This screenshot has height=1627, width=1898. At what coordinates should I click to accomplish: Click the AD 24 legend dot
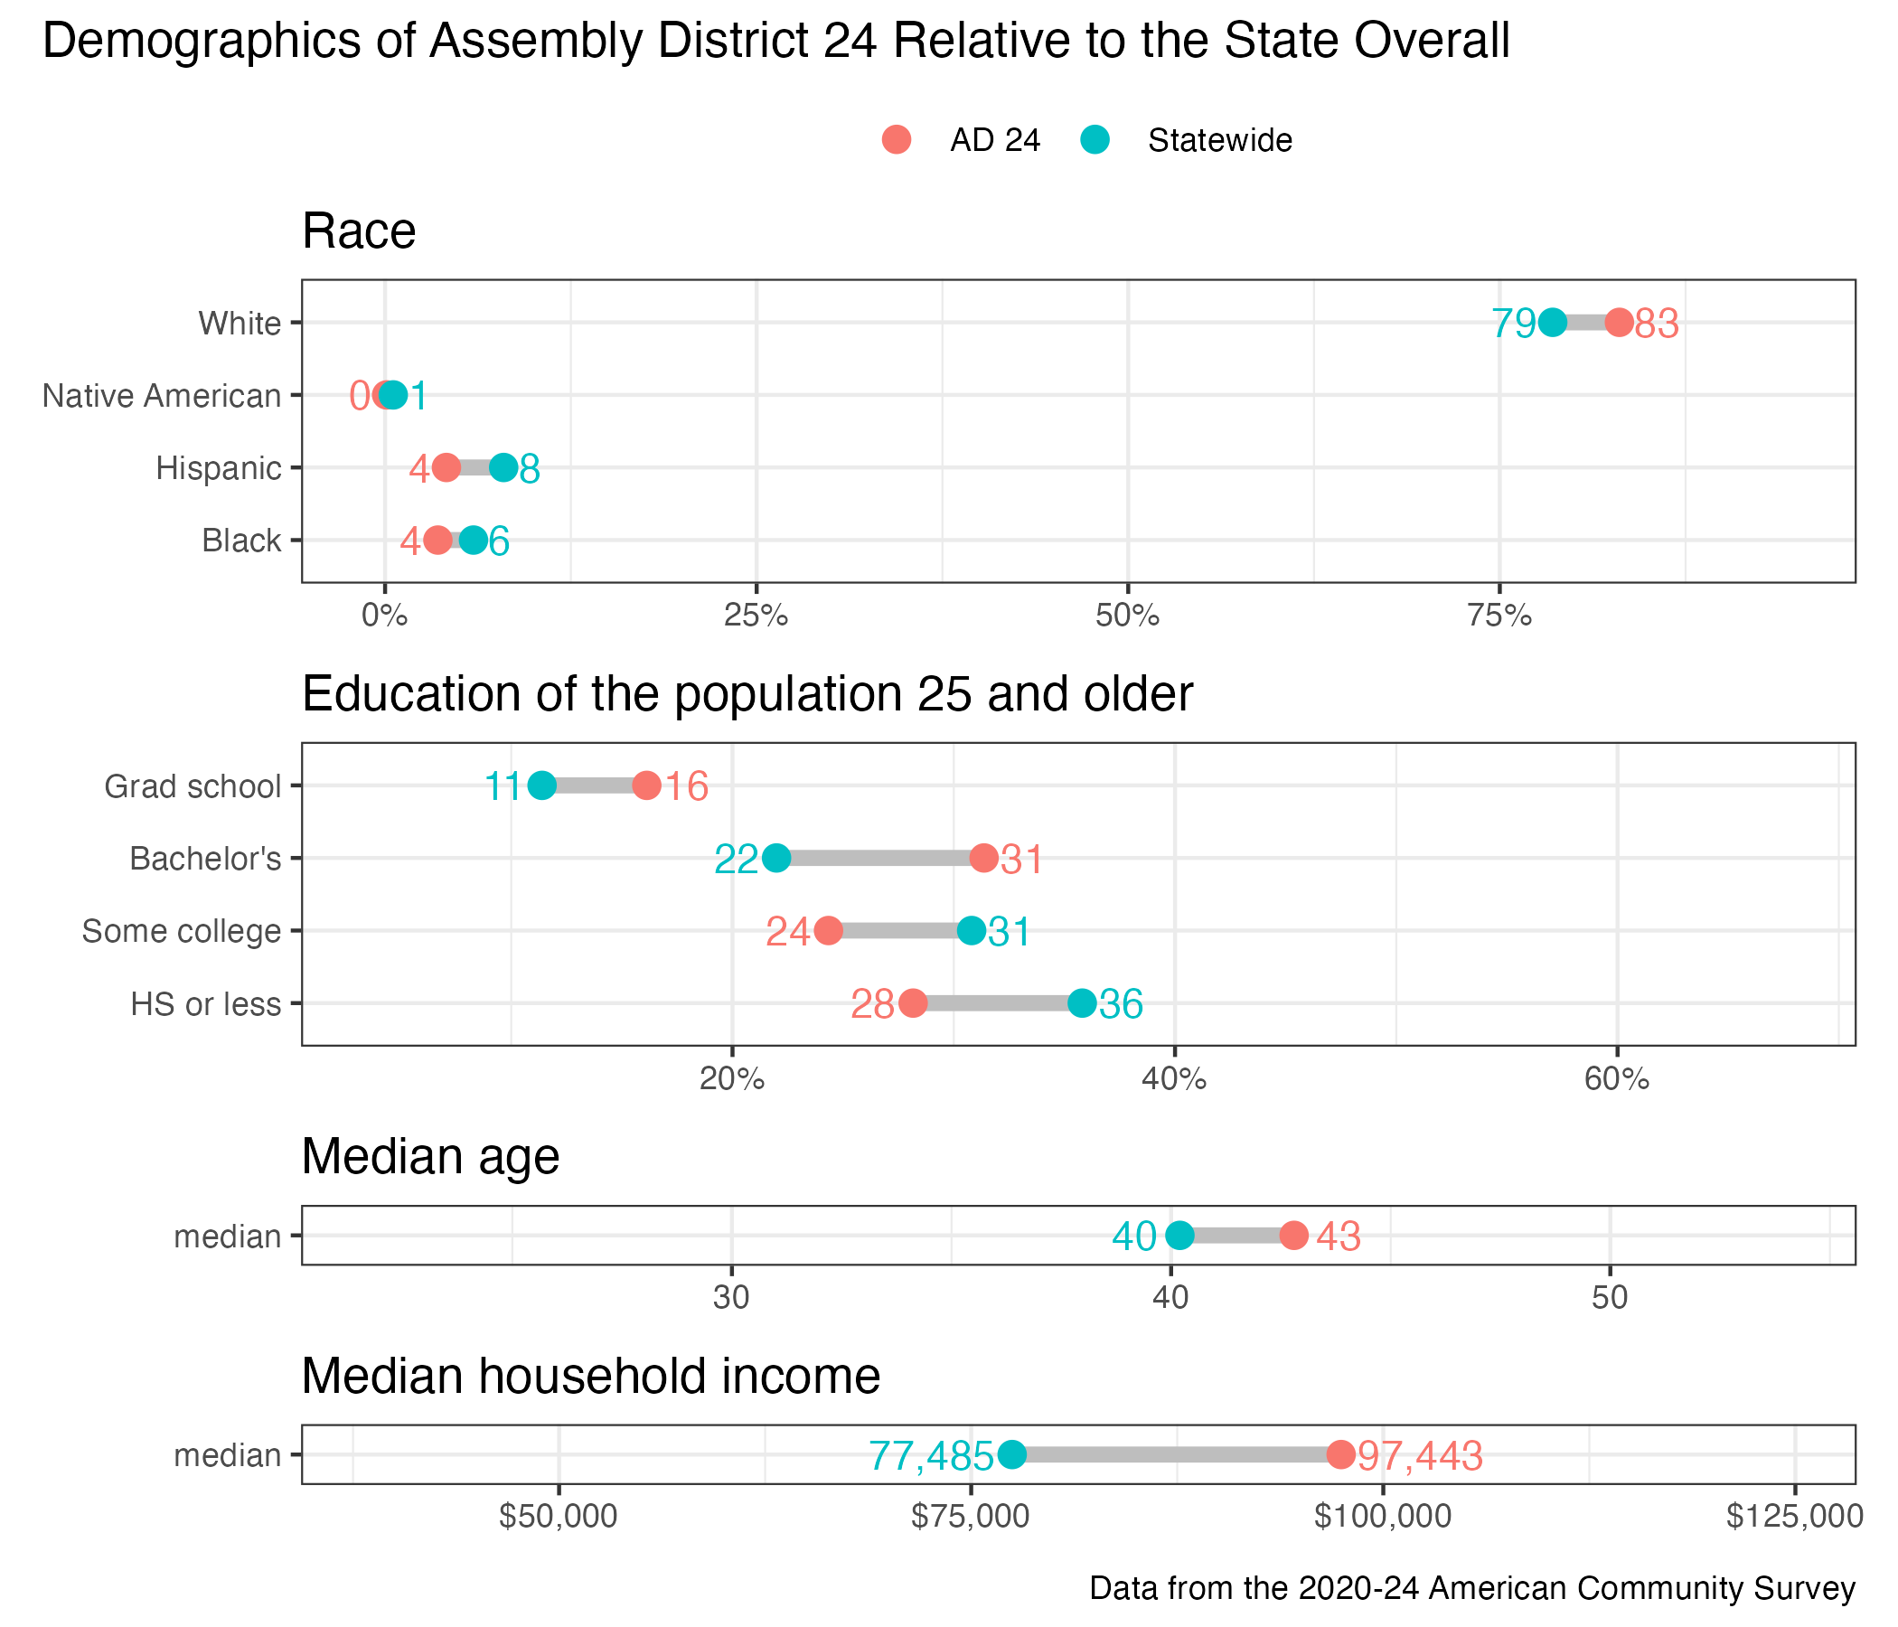[896, 140]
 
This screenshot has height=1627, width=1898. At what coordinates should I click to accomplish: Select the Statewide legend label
[1219, 140]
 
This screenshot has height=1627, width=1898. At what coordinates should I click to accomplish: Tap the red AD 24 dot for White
[1619, 323]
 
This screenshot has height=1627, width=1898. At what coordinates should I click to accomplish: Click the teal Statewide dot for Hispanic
[503, 468]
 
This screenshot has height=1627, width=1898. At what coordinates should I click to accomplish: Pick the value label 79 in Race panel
[1513, 324]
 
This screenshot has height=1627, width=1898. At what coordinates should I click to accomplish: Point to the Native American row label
[161, 396]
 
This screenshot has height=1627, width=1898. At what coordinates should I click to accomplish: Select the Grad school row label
[193, 786]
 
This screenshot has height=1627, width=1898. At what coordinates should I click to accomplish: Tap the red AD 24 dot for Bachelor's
[984, 859]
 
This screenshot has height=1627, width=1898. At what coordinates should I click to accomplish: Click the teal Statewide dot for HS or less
[1082, 1003]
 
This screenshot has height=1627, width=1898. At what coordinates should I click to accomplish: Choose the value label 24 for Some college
[788, 932]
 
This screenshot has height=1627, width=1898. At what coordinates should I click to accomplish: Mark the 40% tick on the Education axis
[1174, 1079]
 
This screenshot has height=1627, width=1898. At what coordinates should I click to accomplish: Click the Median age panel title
[430, 1156]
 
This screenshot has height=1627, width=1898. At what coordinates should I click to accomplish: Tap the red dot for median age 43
[1293, 1235]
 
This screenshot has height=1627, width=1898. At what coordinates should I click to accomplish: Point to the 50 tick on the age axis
[1610, 1298]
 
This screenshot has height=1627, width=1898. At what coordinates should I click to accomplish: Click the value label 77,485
[931, 1454]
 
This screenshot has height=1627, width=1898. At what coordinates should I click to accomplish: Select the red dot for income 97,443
[1340, 1453]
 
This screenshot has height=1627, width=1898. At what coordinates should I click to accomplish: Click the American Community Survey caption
[1472, 1587]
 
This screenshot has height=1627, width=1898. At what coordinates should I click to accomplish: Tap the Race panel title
[359, 230]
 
